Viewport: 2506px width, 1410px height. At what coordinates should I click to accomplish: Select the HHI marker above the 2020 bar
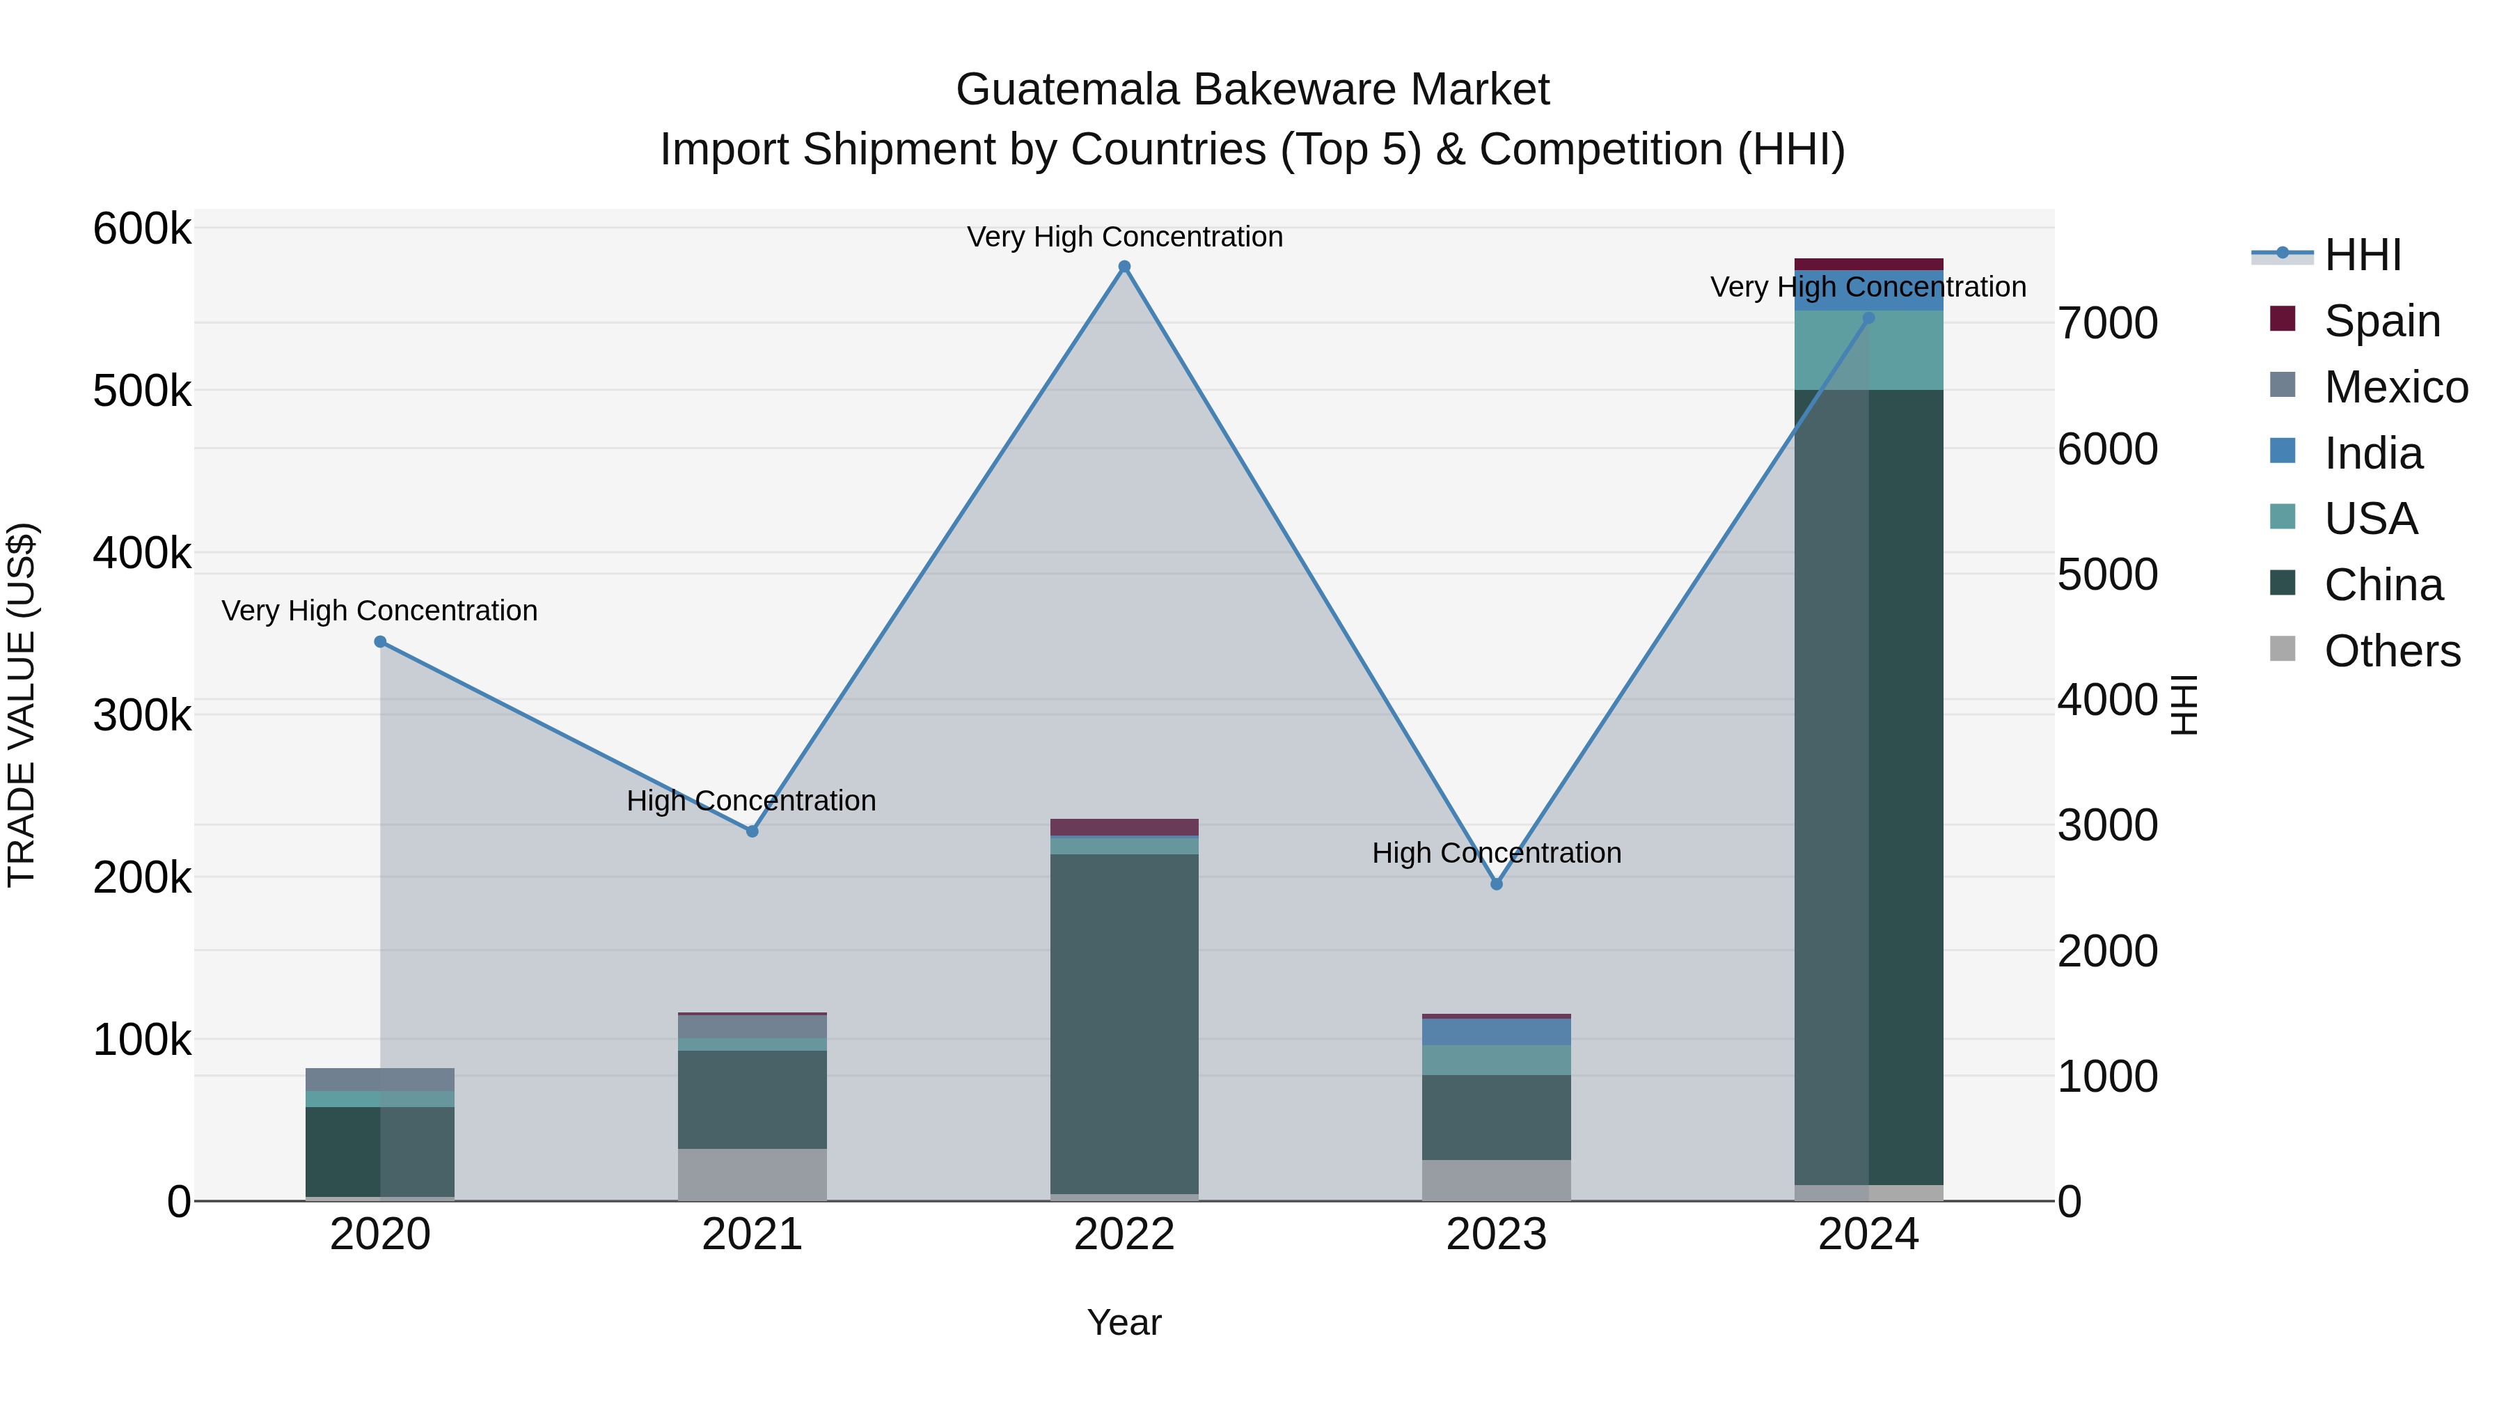pyautogui.click(x=380, y=641)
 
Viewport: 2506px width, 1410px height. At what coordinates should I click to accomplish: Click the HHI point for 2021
pyautogui.click(x=752, y=831)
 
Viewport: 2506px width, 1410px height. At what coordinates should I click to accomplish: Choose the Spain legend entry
pyautogui.click(x=2381, y=321)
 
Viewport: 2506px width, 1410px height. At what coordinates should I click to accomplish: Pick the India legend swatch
pyautogui.click(x=2283, y=451)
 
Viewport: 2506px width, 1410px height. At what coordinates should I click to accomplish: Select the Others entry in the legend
pyautogui.click(x=2391, y=651)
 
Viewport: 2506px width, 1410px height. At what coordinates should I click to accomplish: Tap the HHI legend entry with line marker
pyautogui.click(x=2362, y=255)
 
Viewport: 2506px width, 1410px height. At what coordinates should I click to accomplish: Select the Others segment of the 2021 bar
pyautogui.click(x=752, y=1175)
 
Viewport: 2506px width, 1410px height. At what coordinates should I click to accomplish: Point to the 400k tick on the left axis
pyautogui.click(x=142, y=554)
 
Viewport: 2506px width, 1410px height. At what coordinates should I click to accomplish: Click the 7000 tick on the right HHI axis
pyautogui.click(x=2107, y=323)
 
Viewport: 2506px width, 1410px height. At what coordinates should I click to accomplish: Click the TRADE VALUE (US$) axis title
pyautogui.click(x=22, y=705)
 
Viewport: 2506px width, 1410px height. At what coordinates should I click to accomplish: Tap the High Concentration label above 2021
pyautogui.click(x=751, y=801)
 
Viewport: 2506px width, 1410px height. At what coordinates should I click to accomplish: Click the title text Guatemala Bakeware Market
pyautogui.click(x=1252, y=90)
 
